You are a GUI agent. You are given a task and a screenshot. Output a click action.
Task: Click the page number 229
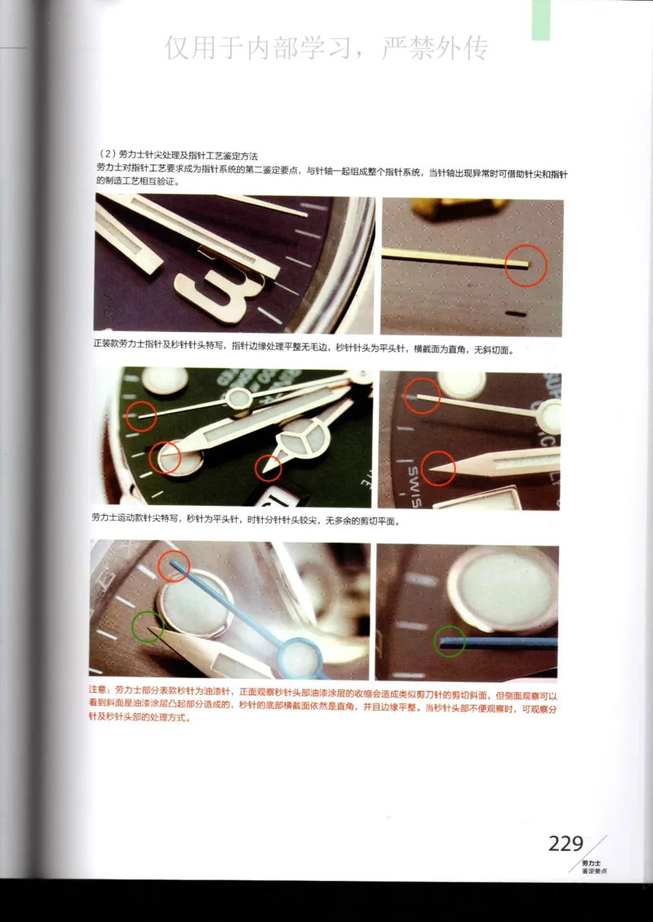coord(566,844)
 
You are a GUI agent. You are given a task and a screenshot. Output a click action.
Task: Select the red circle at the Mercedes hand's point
coord(268,468)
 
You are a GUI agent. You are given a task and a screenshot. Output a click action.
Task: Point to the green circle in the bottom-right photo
coord(449,641)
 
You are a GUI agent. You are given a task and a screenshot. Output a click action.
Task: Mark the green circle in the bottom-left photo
coord(148,627)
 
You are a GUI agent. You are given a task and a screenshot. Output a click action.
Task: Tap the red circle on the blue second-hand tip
coord(173,565)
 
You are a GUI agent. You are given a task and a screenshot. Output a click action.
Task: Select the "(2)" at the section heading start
coord(104,154)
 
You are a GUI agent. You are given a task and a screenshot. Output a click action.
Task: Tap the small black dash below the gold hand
coord(516,312)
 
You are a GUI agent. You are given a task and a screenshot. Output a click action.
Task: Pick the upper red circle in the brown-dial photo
coord(423,396)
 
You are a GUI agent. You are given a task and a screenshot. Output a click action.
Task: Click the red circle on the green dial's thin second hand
coord(140,416)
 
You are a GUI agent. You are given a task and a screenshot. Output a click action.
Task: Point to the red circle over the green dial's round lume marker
coord(166,457)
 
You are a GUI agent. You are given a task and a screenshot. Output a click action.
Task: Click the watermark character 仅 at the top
coord(180,49)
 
